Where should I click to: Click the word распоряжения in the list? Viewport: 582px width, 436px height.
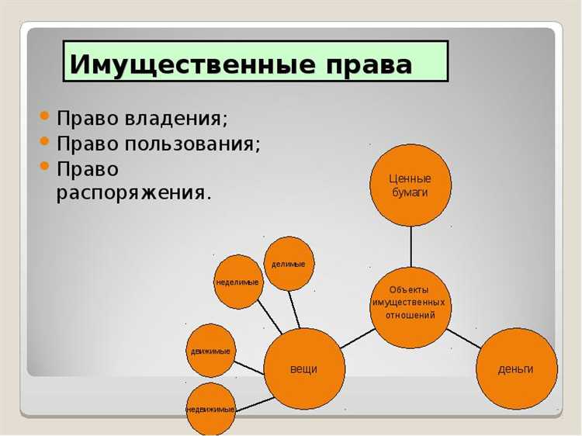[x=133, y=192]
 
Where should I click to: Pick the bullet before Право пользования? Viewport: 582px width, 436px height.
[x=45, y=142]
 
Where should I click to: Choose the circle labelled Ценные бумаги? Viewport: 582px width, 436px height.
[x=410, y=185]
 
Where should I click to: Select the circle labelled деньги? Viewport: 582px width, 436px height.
[x=516, y=369]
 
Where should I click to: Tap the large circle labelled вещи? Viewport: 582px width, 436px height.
[x=303, y=369]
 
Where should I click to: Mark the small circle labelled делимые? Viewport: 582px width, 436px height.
[x=289, y=264]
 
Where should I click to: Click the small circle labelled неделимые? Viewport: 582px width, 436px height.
[x=237, y=282]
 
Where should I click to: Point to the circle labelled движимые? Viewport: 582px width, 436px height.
[x=210, y=351]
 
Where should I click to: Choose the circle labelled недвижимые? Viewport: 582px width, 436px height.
[x=210, y=408]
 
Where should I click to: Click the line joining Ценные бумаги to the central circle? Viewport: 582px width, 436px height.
[x=411, y=246]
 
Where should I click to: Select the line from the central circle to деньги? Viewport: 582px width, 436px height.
[x=464, y=337]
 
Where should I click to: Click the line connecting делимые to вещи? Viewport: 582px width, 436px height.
[x=295, y=310]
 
